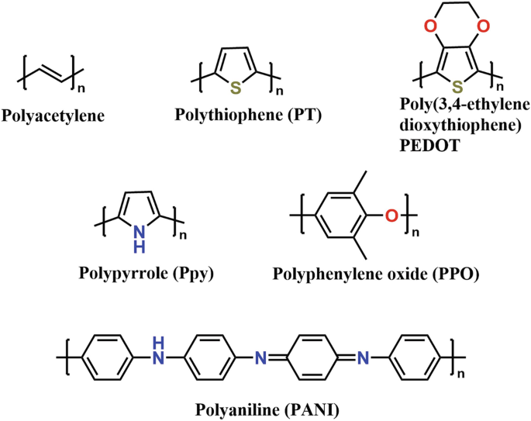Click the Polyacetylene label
tap(53, 117)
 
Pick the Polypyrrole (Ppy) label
tap(146, 272)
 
